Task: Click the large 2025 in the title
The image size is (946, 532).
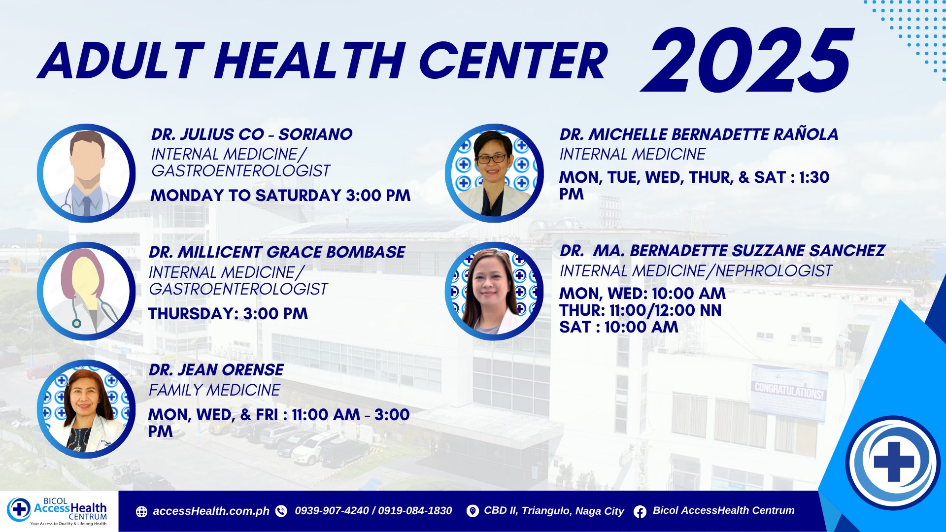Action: click(x=747, y=60)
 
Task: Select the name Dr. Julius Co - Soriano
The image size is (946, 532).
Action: click(x=252, y=134)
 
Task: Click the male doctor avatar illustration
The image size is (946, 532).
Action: click(x=86, y=173)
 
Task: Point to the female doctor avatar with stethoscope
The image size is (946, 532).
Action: click(x=86, y=291)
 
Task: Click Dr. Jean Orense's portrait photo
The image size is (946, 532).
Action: click(x=86, y=409)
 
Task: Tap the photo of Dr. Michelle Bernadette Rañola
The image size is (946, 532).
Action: click(x=494, y=173)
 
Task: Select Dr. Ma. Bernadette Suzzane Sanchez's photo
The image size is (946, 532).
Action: click(x=494, y=291)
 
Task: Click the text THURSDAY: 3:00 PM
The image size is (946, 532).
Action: click(x=228, y=314)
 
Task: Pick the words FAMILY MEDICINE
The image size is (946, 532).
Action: click(x=214, y=390)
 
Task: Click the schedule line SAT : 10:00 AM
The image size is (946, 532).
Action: click(x=619, y=327)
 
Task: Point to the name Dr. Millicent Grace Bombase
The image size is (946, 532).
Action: click(x=277, y=252)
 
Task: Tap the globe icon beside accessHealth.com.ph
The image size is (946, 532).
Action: click(x=141, y=512)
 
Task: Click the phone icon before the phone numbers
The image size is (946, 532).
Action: click(x=281, y=511)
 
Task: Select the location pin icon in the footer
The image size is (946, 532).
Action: click(x=473, y=511)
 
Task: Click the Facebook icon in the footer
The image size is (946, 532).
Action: click(x=640, y=512)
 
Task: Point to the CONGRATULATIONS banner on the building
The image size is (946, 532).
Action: click(x=789, y=392)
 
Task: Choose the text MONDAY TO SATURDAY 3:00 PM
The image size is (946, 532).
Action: click(x=280, y=196)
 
